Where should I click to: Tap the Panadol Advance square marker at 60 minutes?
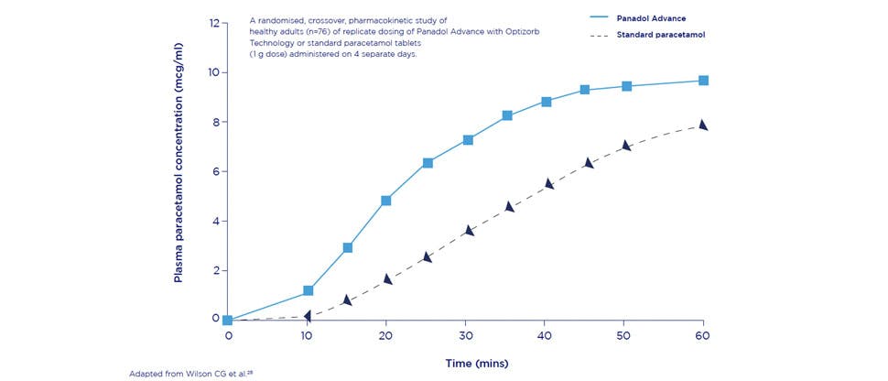point(703,81)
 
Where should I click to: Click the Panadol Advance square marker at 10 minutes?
point(309,290)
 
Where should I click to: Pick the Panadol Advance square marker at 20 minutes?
point(386,201)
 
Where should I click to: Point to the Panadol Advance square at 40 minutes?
point(547,102)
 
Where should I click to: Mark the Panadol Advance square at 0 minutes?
point(228,321)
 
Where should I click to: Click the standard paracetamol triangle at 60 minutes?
point(703,125)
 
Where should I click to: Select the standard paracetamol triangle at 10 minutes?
point(309,315)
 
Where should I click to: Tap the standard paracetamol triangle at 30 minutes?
point(470,230)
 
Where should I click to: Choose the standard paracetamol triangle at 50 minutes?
point(626,146)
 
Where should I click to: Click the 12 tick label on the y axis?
point(215,23)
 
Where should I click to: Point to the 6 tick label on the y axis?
point(216,171)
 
